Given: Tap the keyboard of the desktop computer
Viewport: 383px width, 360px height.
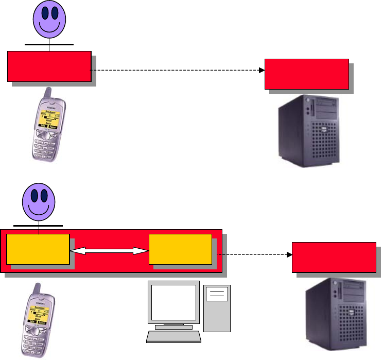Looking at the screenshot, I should pyautogui.click(x=174, y=336).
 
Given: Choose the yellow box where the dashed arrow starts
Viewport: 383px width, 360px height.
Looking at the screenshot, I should pyautogui.click(x=180, y=249).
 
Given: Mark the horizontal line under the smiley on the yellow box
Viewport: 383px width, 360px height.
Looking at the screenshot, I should pyautogui.click(x=38, y=226).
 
